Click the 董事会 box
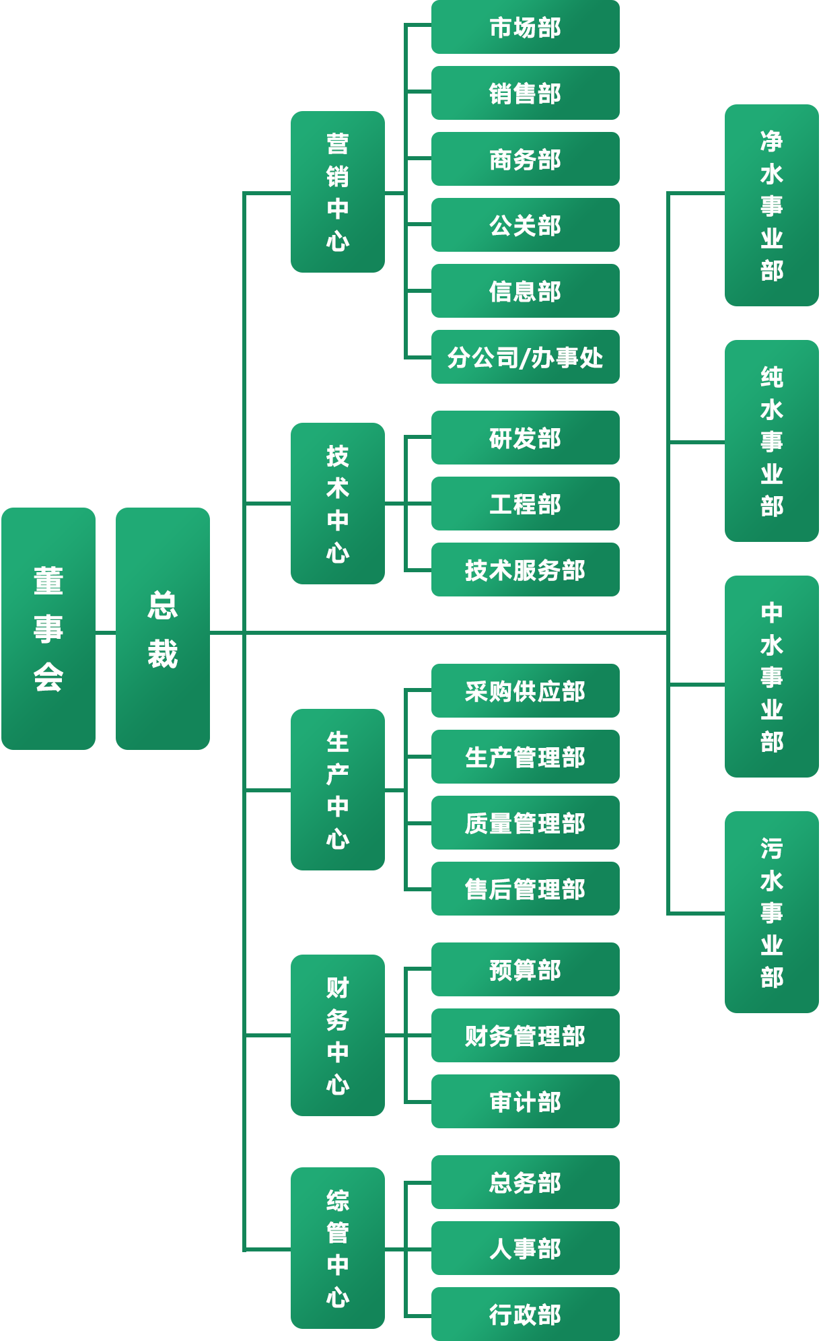[48, 628]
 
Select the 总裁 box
[163, 628]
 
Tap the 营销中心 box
[338, 192]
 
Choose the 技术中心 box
[338, 504]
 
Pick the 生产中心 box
[338, 790]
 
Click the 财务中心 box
[338, 1035]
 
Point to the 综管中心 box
[338, 1248]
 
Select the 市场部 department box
[525, 27]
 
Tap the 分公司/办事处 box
[525, 357]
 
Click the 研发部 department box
[525, 438]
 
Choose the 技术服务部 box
[525, 570]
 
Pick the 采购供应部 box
[525, 691]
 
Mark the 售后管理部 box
[525, 889]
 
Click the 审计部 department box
[525, 1101]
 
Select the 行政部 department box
[525, 1314]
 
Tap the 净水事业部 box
[772, 205]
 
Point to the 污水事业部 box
[772, 912]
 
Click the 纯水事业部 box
[772, 441]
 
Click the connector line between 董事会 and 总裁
[106, 633]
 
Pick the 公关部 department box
[525, 225]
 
